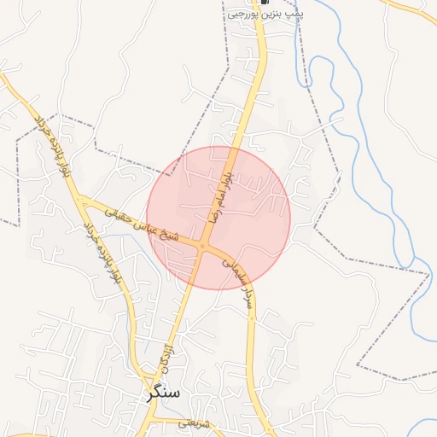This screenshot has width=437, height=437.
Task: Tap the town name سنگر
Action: tap(163, 393)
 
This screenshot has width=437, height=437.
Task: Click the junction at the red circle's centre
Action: tap(203, 246)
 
